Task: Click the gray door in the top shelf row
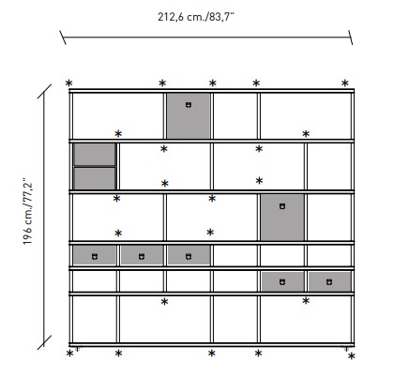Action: (x=188, y=114)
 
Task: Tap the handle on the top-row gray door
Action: (x=188, y=104)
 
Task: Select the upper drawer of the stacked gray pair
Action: (x=94, y=155)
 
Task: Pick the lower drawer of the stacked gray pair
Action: (x=94, y=178)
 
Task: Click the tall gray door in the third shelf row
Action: (x=281, y=216)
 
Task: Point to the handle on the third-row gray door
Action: (x=281, y=204)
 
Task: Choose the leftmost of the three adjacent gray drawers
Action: (x=94, y=254)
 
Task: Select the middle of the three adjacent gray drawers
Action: (x=141, y=254)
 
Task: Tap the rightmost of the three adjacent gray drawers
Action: (x=188, y=254)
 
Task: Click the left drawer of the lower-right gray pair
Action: (x=282, y=280)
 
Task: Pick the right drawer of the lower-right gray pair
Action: (x=328, y=280)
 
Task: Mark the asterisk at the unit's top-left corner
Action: (x=68, y=83)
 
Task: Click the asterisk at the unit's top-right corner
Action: (x=345, y=83)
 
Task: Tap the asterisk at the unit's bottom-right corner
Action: (x=351, y=356)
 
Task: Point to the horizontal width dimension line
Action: (x=206, y=38)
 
